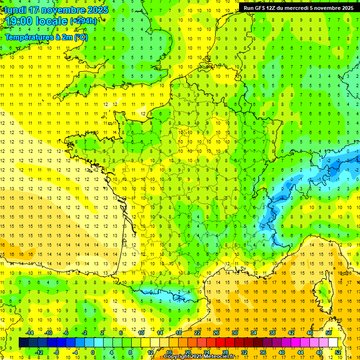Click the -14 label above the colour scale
[x=30, y=333]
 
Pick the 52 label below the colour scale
[x=337, y=352]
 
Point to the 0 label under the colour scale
[x=93, y=352]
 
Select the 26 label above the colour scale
[x=216, y=333]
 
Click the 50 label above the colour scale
[x=329, y=333]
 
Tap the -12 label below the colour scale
[x=39, y=352]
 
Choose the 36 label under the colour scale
[x=262, y=352]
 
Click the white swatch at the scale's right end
[x=333, y=343]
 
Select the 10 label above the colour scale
[x=141, y=333]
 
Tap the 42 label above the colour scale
[x=291, y=333]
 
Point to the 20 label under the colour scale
[x=187, y=352]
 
